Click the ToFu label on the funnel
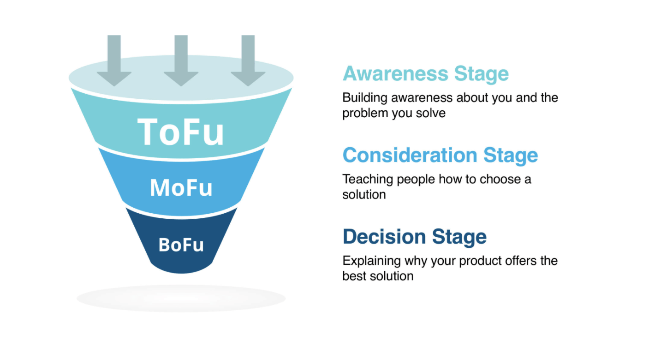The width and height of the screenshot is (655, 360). point(181,132)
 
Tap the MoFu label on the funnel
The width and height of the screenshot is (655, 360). point(181,187)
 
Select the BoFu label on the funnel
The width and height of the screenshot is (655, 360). point(181,245)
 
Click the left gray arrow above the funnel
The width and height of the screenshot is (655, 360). point(114,60)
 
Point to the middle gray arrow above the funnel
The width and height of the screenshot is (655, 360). point(181,60)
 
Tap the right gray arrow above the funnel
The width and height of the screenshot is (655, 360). point(248,60)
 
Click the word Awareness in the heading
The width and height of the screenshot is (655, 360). point(395,73)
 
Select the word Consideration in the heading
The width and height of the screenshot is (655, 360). point(410,155)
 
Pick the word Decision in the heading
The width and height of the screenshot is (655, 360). point(384,236)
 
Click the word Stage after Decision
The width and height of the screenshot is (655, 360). point(459,238)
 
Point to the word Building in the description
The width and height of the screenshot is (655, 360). point(365,98)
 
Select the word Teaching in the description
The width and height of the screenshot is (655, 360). point(368,180)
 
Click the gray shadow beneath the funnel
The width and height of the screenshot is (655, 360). point(181,299)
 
